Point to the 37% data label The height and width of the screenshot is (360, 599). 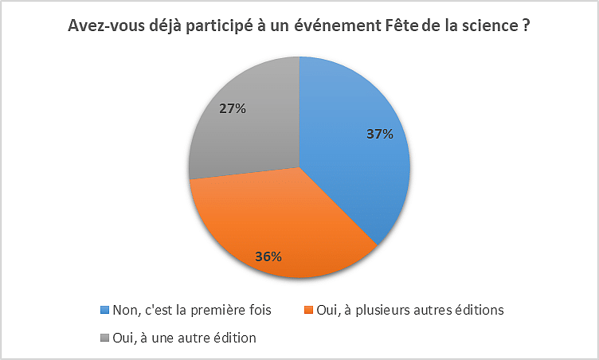(379, 134)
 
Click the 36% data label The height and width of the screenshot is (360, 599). (268, 256)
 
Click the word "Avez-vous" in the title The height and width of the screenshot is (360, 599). (101, 26)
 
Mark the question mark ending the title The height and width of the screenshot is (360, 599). (527, 26)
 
